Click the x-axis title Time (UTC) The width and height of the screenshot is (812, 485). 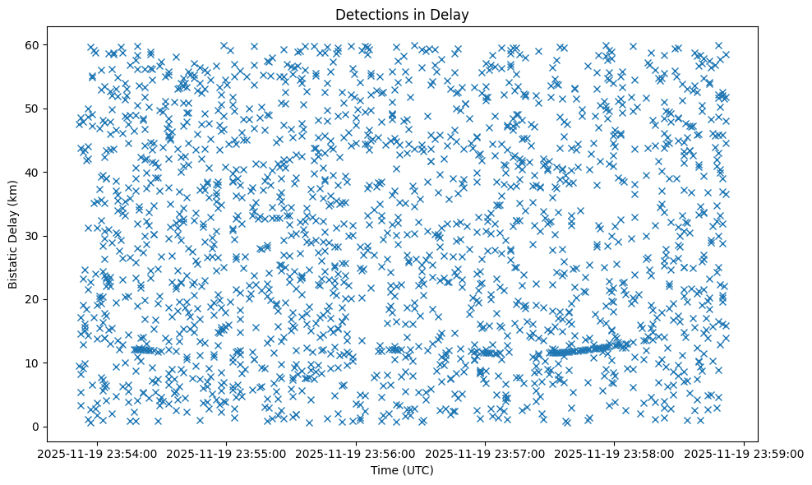point(402,470)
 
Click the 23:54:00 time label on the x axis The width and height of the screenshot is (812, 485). point(98,453)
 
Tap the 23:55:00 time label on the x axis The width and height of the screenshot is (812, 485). point(227,453)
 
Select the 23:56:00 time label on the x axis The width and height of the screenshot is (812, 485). point(357,453)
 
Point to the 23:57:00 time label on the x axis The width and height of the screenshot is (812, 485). point(486,453)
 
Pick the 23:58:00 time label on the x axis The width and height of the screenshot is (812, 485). point(616,453)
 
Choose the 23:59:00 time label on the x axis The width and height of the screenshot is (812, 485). point(745,453)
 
